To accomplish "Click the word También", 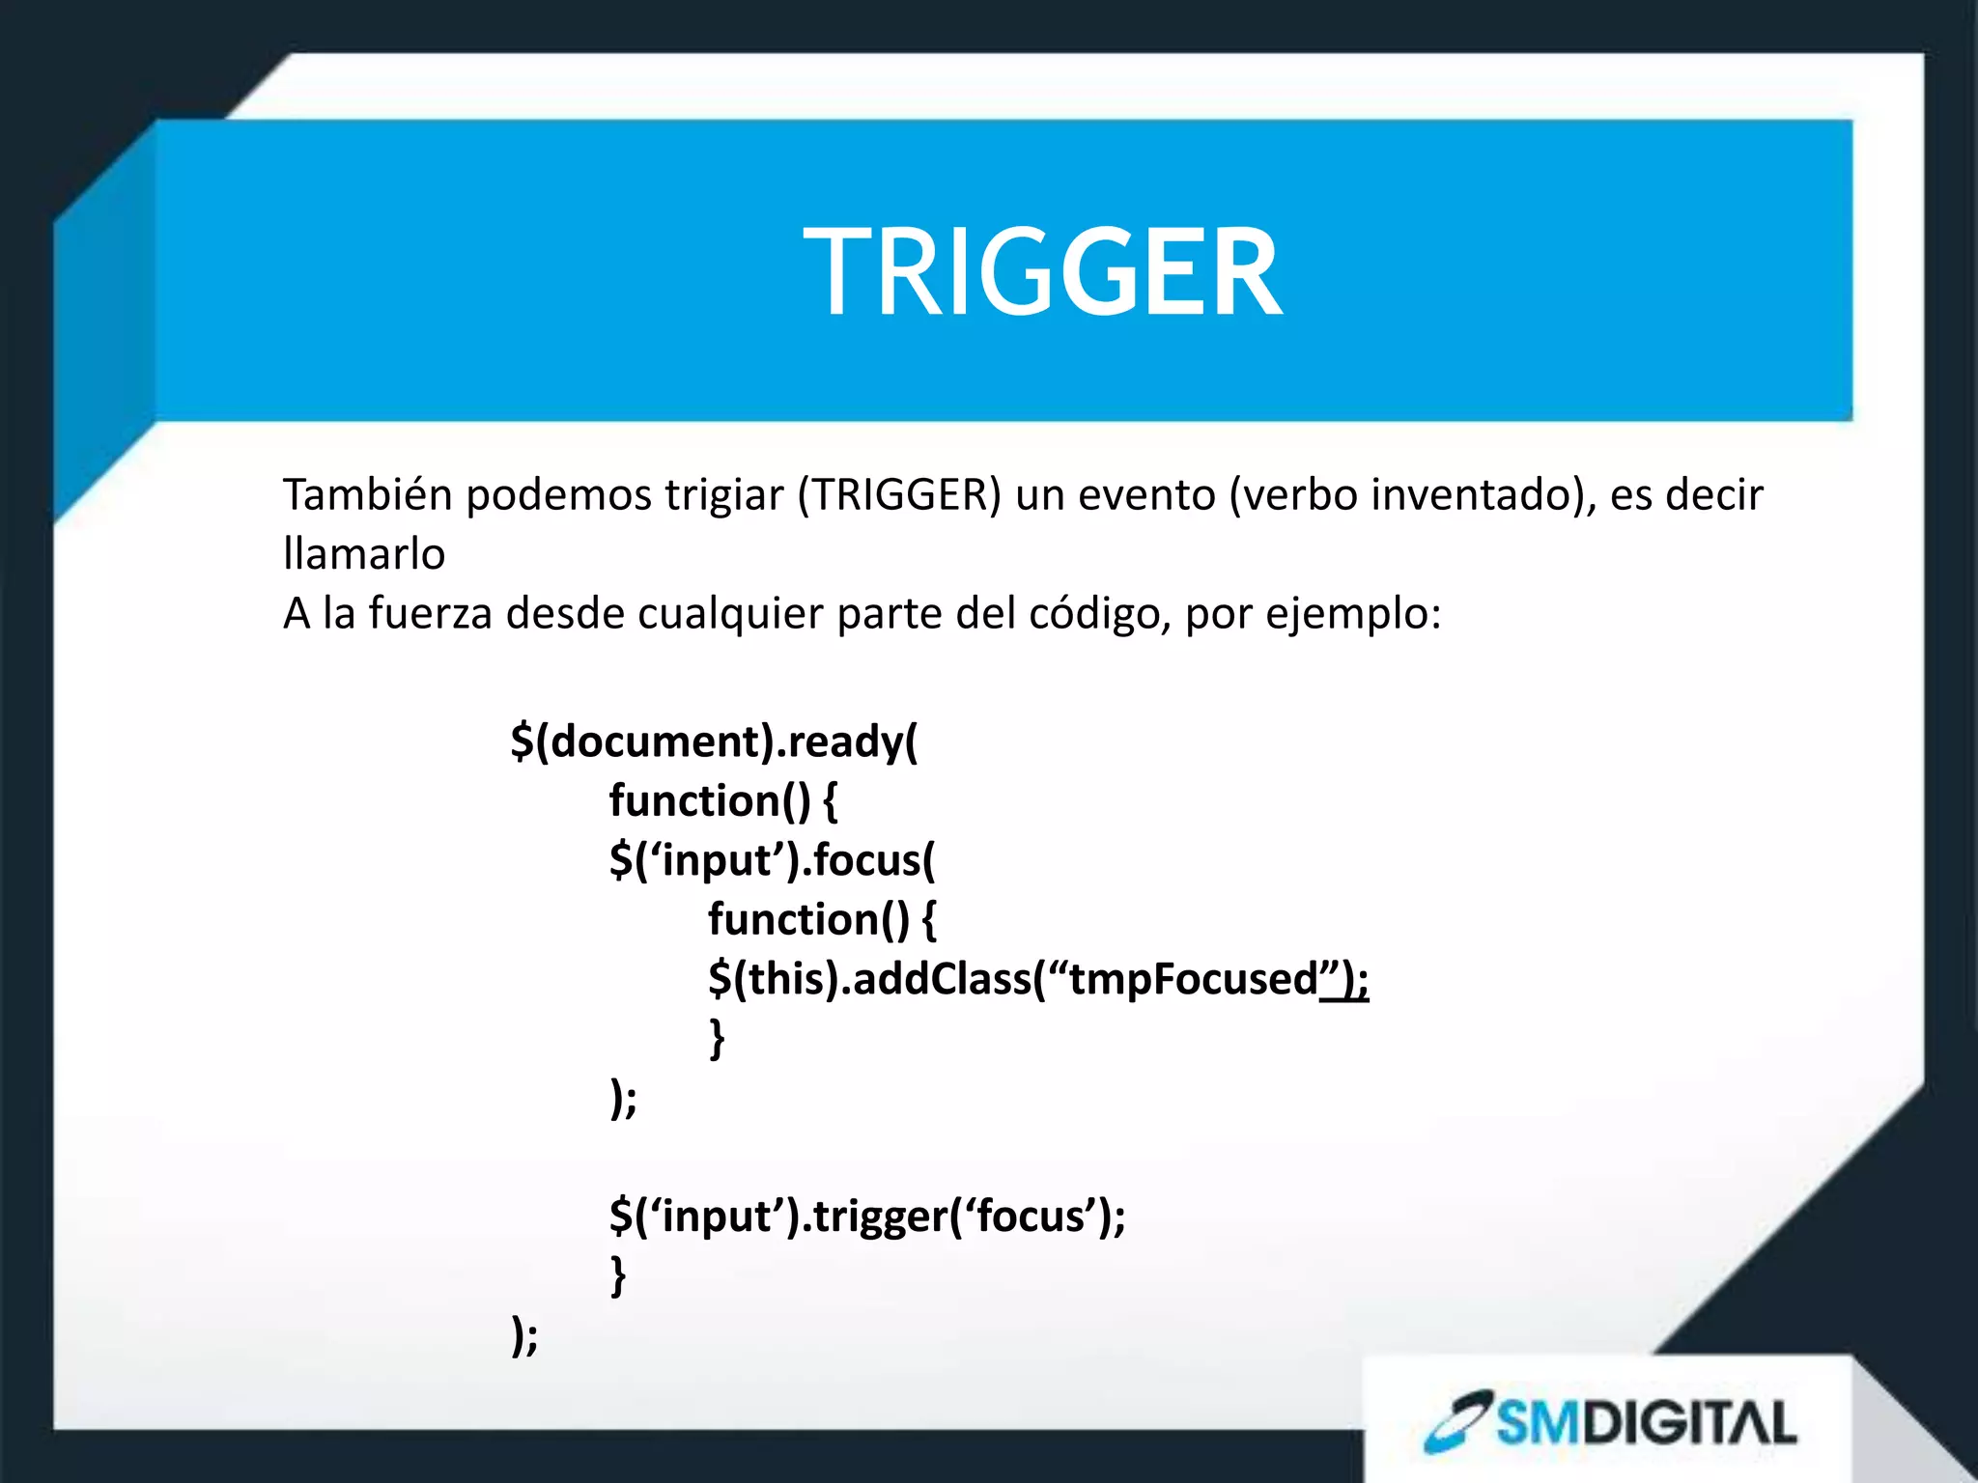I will click(x=367, y=495).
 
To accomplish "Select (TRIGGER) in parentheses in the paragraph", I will click(x=899, y=495).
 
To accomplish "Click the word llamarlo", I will click(x=364, y=555).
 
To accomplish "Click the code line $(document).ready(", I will click(x=714, y=741).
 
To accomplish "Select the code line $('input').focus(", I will click(x=772, y=860).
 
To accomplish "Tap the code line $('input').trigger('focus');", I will click(x=867, y=1217).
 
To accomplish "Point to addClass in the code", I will click(x=942, y=979).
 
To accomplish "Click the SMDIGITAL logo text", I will click(x=1647, y=1423).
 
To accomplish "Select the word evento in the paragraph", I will click(x=1147, y=495).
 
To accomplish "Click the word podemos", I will click(x=558, y=495).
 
